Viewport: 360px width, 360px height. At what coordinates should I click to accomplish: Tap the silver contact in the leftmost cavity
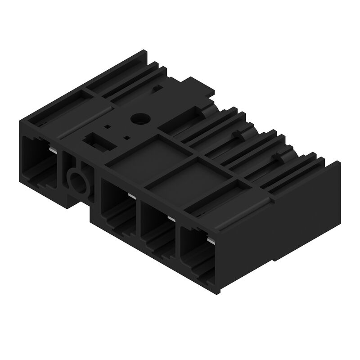[53, 150]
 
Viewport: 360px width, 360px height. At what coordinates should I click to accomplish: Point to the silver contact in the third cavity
[171, 218]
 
